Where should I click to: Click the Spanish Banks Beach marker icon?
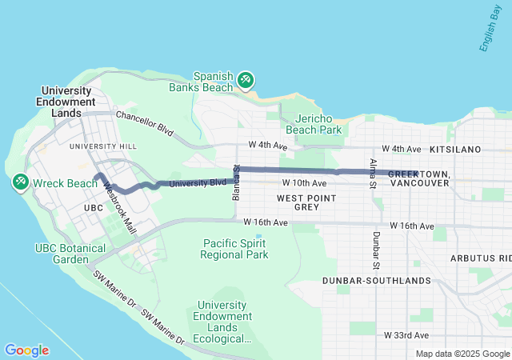pyautogui.click(x=246, y=80)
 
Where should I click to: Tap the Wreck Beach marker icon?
pyautogui.click(x=19, y=183)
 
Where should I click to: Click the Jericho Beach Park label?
pyautogui.click(x=314, y=122)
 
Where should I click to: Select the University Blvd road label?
pyautogui.click(x=193, y=183)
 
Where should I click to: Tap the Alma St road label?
pyautogui.click(x=373, y=174)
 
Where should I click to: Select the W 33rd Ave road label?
pyautogui.click(x=406, y=335)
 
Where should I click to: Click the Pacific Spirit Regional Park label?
pyautogui.click(x=236, y=249)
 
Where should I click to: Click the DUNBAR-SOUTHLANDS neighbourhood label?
pyautogui.click(x=377, y=282)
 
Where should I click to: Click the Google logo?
pyautogui.click(x=27, y=350)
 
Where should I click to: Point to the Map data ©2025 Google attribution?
pyautogui.click(x=462, y=354)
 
